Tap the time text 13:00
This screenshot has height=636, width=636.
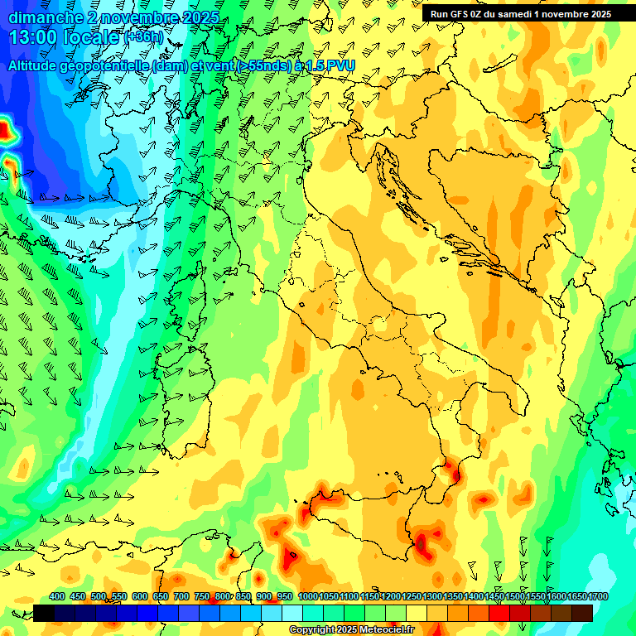pyautogui.click(x=35, y=37)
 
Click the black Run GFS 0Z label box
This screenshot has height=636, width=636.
pyautogui.click(x=520, y=13)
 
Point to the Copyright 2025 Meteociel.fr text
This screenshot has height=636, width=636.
pyautogui.click(x=351, y=630)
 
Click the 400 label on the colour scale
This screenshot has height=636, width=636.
pyautogui.click(x=57, y=597)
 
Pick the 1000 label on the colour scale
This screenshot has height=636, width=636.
pyautogui.click(x=308, y=597)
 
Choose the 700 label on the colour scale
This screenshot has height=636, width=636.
pyautogui.click(x=181, y=597)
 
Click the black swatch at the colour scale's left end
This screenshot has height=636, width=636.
pyautogui.click(x=44, y=613)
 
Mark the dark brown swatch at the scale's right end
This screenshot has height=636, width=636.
pyautogui.click(x=582, y=613)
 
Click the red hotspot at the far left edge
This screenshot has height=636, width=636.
pyautogui.click(x=6, y=130)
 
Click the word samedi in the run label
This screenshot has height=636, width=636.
pyautogui.click(x=521, y=14)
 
